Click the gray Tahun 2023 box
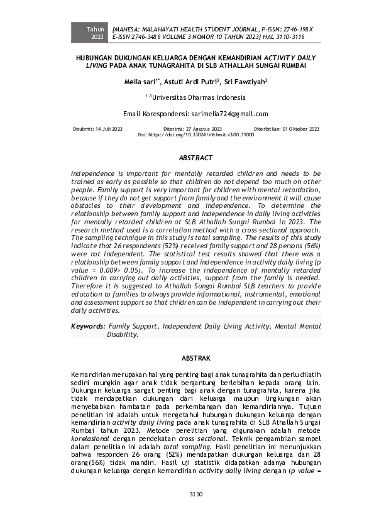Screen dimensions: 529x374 point(97,33)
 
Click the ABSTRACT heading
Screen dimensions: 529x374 point(195,158)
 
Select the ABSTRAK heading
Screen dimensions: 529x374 point(195,357)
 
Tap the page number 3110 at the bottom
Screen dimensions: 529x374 point(195,494)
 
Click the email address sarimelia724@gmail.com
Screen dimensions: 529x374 point(229,114)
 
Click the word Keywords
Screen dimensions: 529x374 point(87,327)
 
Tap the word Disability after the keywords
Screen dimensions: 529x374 point(122,335)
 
